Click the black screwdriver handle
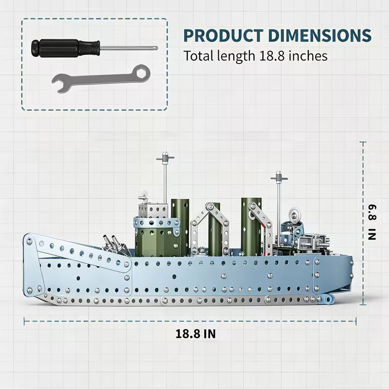coord(66,48)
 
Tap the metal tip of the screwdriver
coord(155,48)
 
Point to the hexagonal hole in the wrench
coord(141,73)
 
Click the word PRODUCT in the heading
coord(223,35)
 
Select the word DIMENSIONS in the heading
coord(320,35)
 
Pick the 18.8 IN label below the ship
coord(195,334)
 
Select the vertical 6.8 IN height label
coord(372,222)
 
